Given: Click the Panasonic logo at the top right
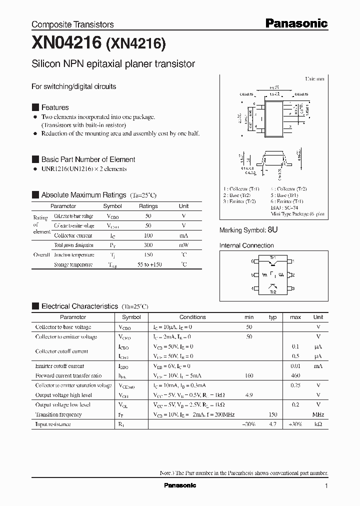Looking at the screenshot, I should tap(296, 23).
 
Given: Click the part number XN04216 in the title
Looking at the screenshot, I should tap(67, 43).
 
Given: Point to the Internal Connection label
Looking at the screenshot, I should tap(246, 245).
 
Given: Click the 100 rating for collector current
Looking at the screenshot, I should tap(148, 235).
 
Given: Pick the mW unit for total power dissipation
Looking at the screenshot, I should tap(184, 245).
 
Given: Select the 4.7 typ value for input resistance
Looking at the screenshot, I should tap(272, 424).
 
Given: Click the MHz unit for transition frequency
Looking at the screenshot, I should tap(318, 414).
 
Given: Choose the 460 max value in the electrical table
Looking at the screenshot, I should tap(295, 375).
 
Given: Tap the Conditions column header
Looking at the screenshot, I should tap(192, 317).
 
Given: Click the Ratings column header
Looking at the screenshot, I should tap(148, 206).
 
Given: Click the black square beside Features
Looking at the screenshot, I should tap(35, 107).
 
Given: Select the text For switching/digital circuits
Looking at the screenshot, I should tap(73, 86).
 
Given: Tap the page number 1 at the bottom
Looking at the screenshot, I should tap(326, 486).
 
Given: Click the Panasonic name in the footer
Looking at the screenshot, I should tap(180, 485).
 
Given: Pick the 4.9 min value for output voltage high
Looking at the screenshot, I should tap(248, 395).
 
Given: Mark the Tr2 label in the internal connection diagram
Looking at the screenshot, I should tap(273, 292).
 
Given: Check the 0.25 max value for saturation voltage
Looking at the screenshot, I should tap(295, 385).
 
